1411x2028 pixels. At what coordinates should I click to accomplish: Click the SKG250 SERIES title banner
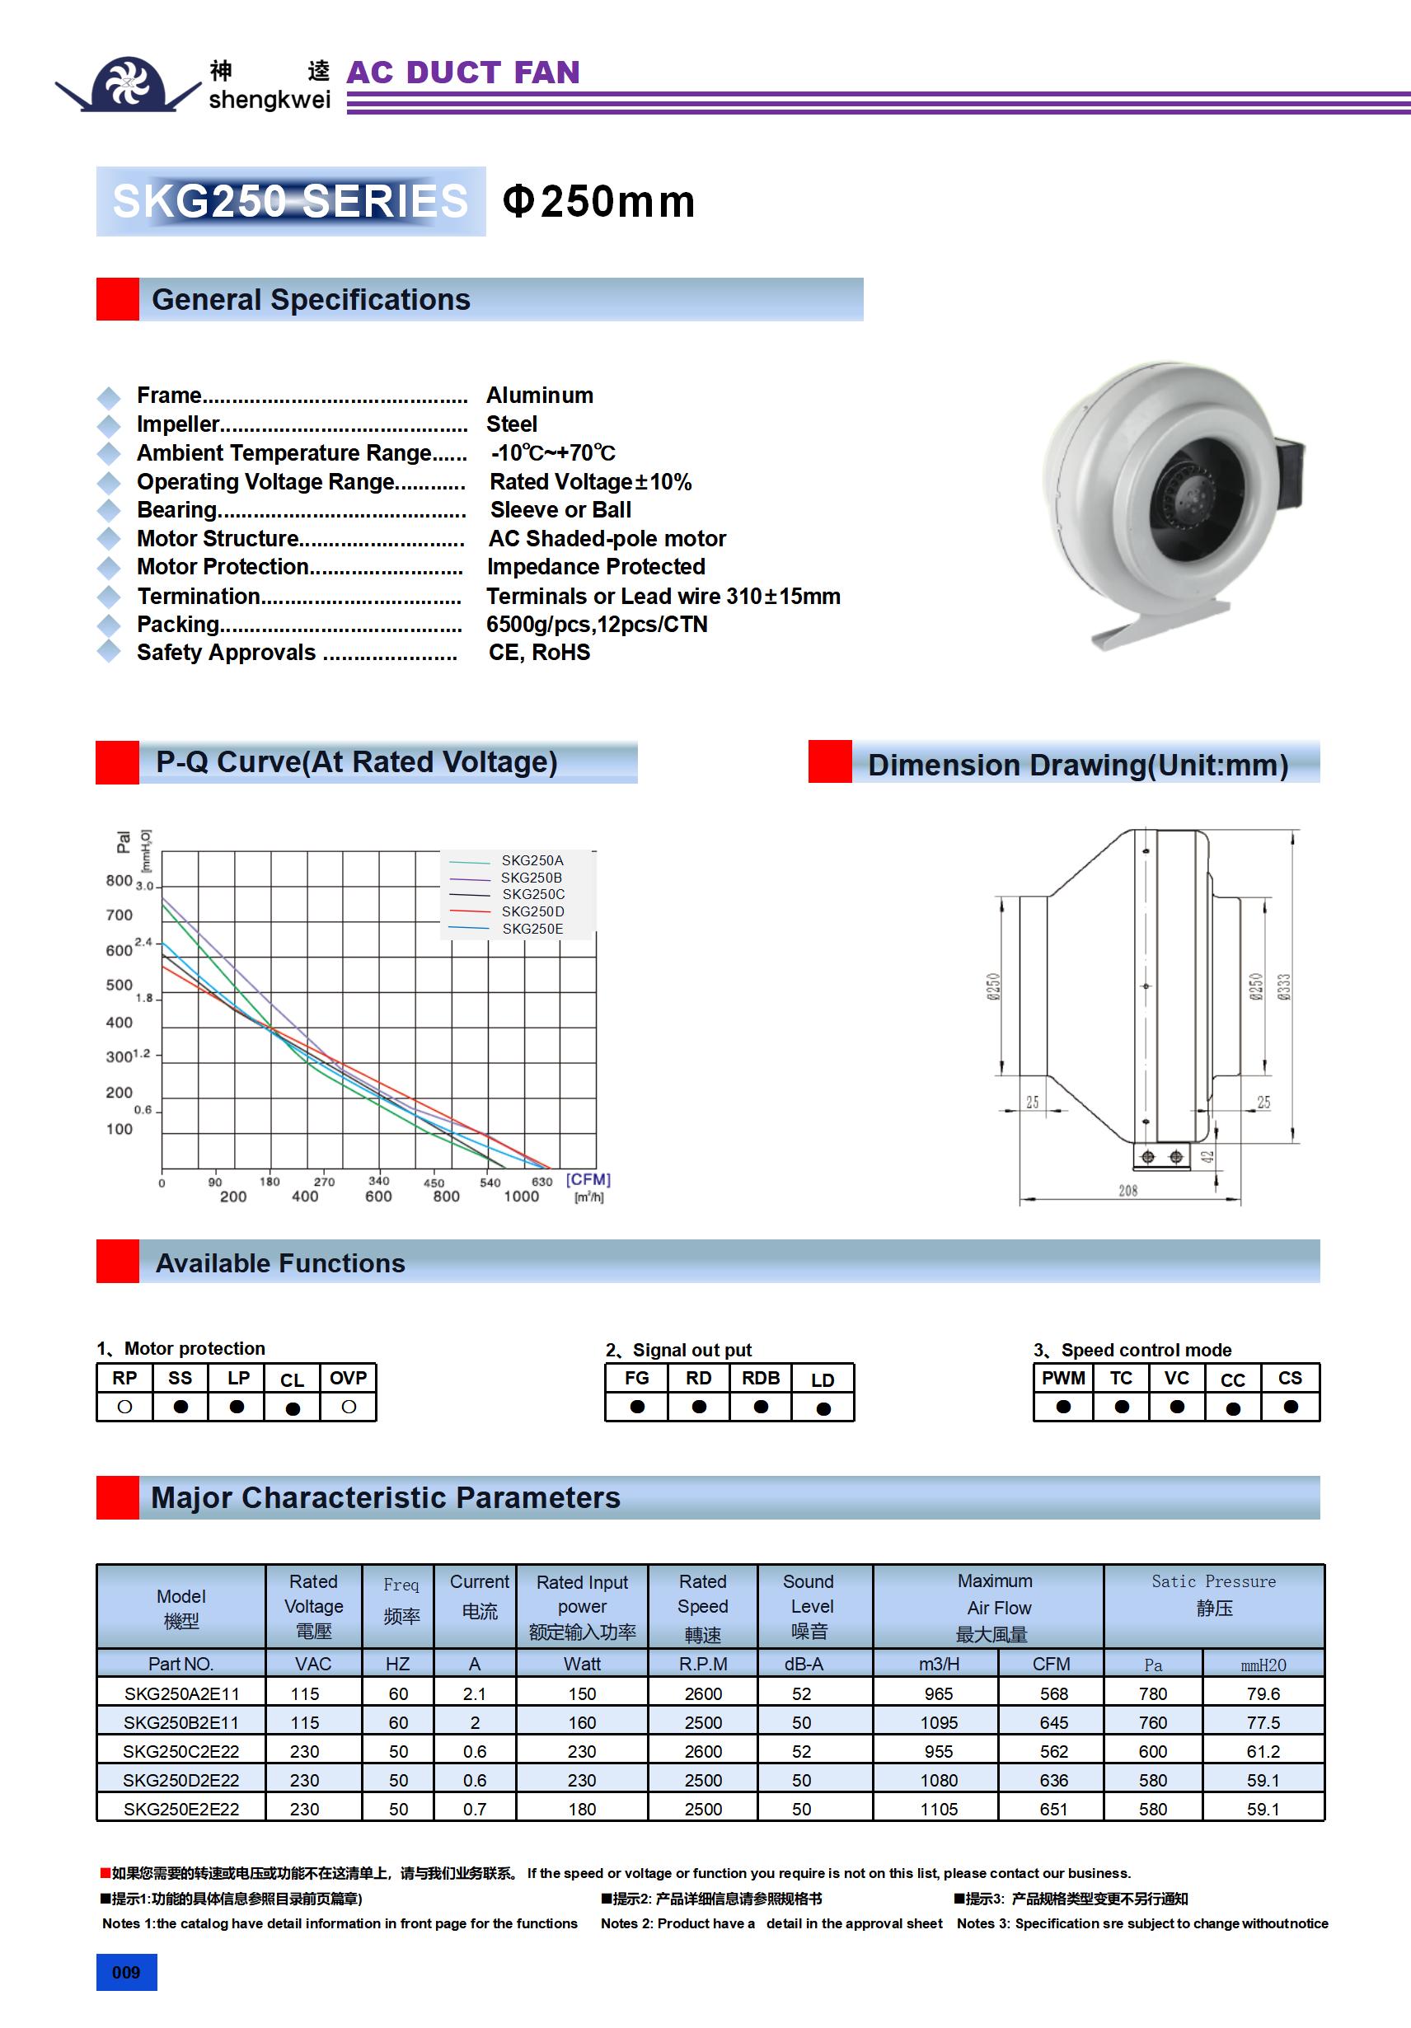point(290,200)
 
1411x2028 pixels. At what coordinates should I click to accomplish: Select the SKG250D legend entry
point(532,911)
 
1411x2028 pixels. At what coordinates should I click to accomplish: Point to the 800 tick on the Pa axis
point(119,881)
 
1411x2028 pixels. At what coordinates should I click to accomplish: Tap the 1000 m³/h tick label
point(521,1196)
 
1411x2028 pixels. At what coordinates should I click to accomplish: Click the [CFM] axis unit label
point(588,1179)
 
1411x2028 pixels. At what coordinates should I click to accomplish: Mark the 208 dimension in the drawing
point(1127,1191)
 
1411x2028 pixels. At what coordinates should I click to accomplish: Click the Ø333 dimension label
point(1284,986)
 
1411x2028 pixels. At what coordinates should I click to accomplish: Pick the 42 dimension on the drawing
point(1207,1156)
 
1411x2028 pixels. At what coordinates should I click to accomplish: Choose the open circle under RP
point(124,1406)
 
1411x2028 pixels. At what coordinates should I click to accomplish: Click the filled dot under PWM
point(1063,1406)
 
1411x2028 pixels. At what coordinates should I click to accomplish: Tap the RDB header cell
point(760,1378)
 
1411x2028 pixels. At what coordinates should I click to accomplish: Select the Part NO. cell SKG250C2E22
point(181,1750)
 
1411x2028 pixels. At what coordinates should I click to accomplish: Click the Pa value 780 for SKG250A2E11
point(1152,1693)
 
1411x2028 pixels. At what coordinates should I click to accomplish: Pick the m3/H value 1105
point(938,1809)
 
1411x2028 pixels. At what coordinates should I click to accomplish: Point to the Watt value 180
point(581,1809)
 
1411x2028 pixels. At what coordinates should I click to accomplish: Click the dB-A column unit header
point(803,1664)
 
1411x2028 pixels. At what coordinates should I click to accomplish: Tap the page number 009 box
point(126,1972)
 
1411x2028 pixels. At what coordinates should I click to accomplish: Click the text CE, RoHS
point(539,652)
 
